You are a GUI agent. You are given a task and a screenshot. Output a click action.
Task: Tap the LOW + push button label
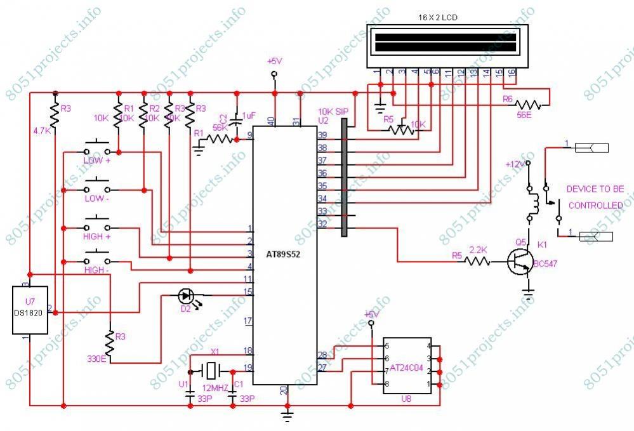97,161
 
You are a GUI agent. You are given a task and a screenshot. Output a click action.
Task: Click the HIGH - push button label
96,270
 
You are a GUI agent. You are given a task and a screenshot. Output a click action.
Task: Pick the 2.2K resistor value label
479,249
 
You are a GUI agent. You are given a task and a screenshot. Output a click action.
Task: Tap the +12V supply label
515,164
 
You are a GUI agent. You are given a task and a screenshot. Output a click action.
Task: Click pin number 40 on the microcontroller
271,120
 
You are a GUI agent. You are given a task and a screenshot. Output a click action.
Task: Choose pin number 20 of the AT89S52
284,390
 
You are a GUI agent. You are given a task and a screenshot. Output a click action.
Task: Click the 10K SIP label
330,111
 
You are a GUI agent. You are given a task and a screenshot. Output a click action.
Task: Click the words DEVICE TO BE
595,189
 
